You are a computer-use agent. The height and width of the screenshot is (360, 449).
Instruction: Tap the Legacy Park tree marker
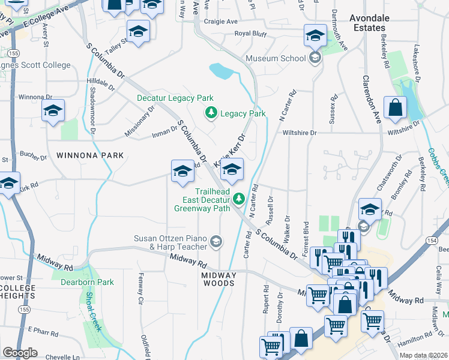pos(211,113)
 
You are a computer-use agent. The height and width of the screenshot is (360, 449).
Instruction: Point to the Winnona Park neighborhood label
pos(90,155)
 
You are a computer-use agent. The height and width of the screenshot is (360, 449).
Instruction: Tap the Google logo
pos(20,352)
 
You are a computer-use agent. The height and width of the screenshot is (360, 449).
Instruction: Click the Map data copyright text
pos(423,355)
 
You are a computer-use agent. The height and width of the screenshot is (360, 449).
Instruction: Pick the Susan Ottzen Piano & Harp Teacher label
pos(170,242)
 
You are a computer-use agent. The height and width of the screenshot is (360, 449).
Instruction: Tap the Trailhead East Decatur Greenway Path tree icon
pos(239,198)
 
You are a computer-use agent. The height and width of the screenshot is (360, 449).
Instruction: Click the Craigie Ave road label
pos(221,22)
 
